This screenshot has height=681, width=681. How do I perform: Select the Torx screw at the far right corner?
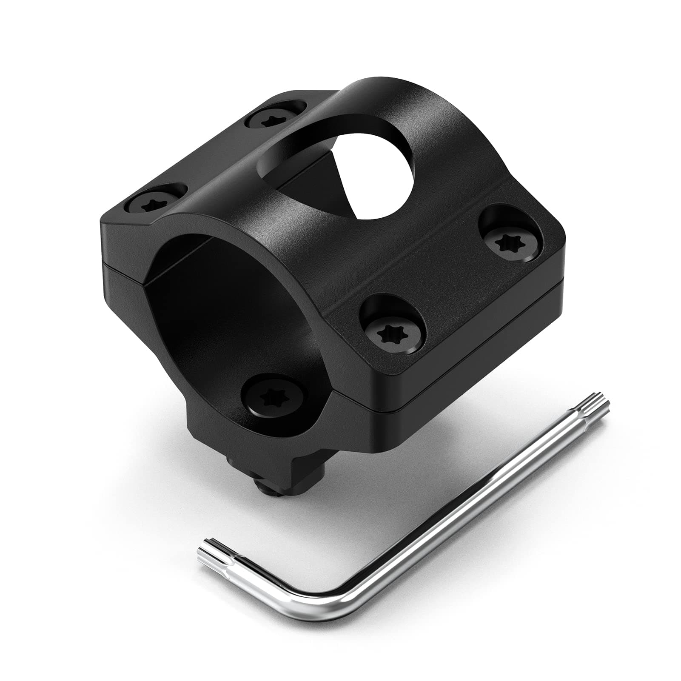pyautogui.click(x=510, y=242)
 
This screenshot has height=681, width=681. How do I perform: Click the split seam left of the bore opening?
pyautogui.click(x=123, y=269)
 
